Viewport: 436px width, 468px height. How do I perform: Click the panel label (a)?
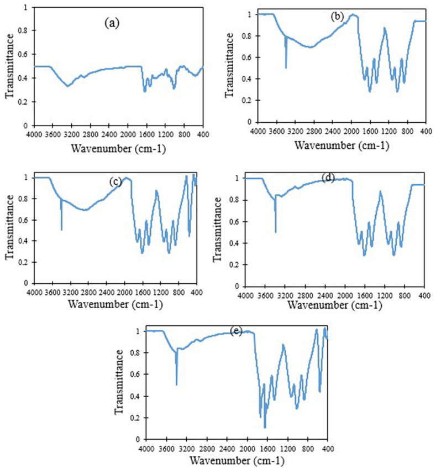click(110, 24)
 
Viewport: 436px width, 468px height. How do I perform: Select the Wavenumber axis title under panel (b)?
click(342, 145)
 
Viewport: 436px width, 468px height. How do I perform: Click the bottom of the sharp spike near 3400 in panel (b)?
click(286, 67)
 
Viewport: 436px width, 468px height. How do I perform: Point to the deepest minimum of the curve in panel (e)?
click(265, 427)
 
